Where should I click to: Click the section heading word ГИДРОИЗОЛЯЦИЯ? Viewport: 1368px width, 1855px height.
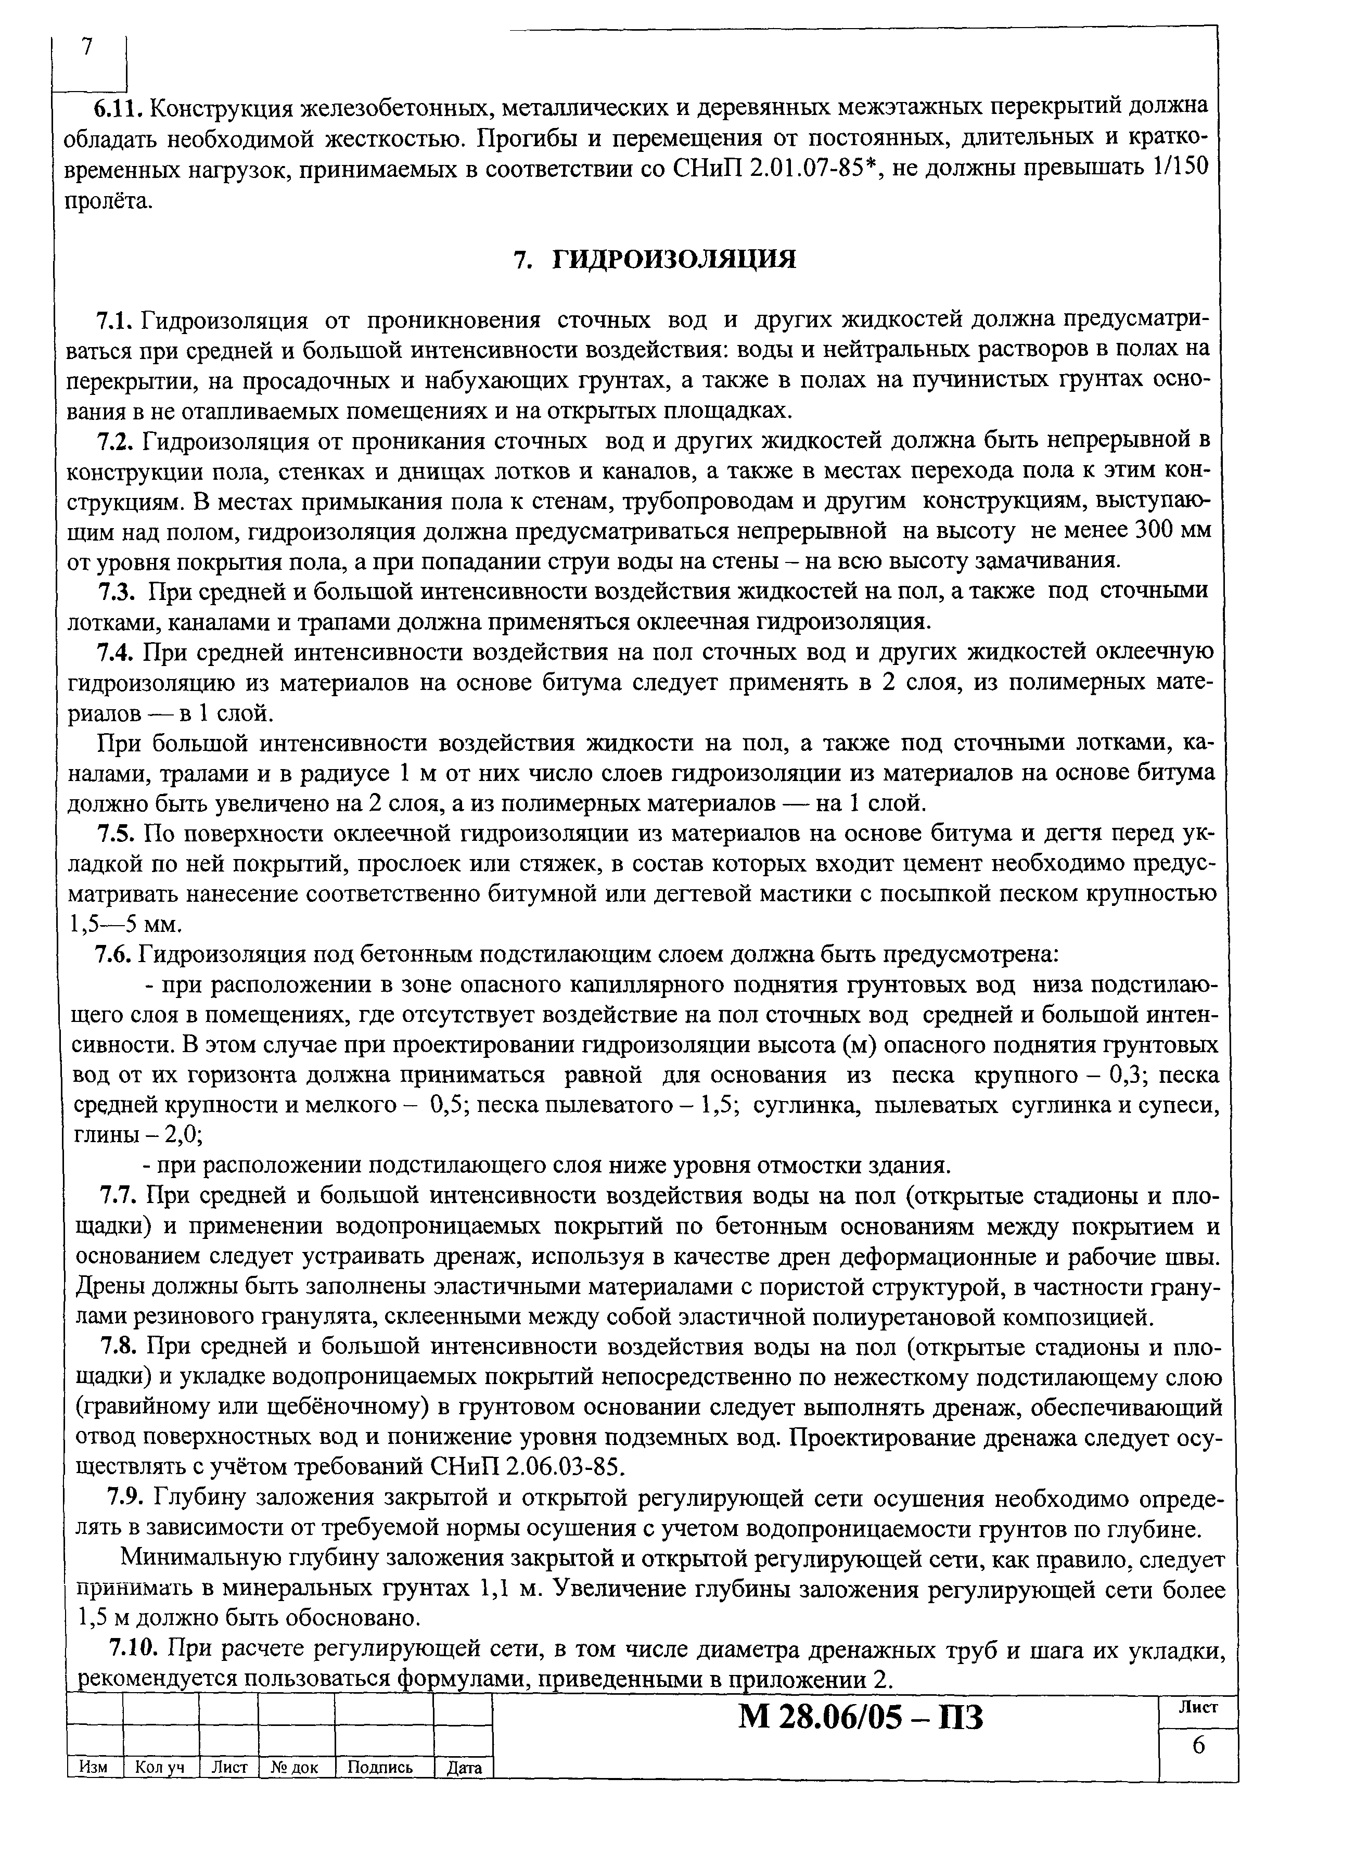(673, 260)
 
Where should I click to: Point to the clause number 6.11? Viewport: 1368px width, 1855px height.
(119, 107)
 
